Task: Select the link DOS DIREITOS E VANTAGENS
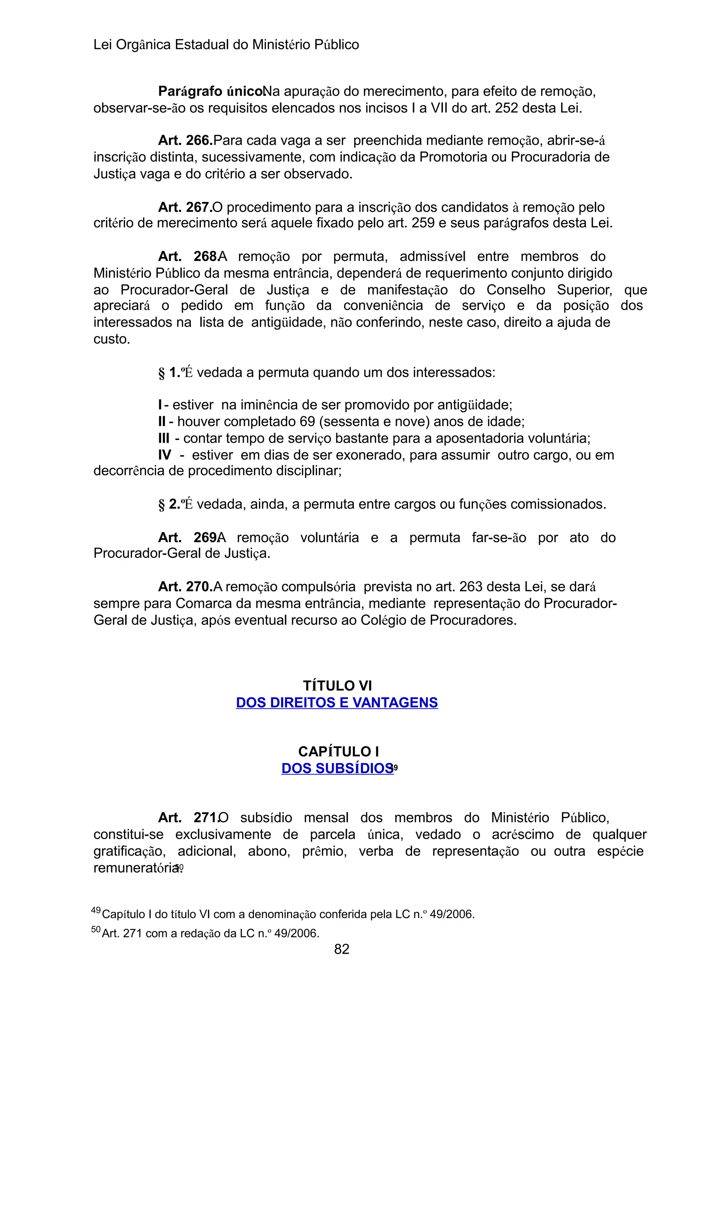pyautogui.click(x=337, y=703)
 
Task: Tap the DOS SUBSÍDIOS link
pyautogui.click(x=337, y=769)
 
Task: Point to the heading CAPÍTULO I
pyautogui.click(x=338, y=751)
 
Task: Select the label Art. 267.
pyautogui.click(x=185, y=207)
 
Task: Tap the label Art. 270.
pyautogui.click(x=185, y=587)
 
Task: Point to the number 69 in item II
pyautogui.click(x=307, y=422)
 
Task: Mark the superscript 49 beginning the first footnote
pyautogui.click(x=96, y=910)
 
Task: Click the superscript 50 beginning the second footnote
pyautogui.click(x=96, y=930)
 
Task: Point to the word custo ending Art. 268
pyautogui.click(x=112, y=339)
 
